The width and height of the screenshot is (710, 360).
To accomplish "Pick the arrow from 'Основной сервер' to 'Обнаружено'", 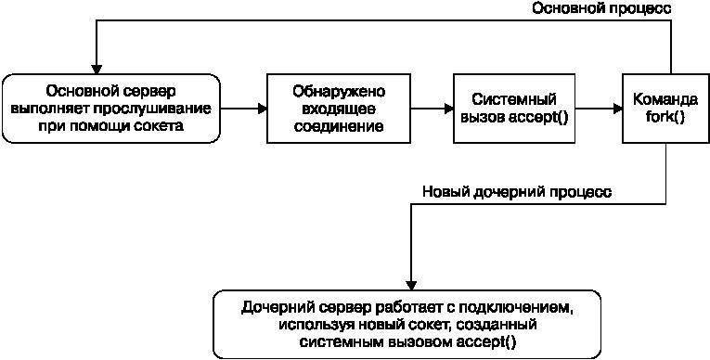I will (244, 109).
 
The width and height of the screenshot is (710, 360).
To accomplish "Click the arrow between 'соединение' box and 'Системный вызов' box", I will (432, 109).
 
